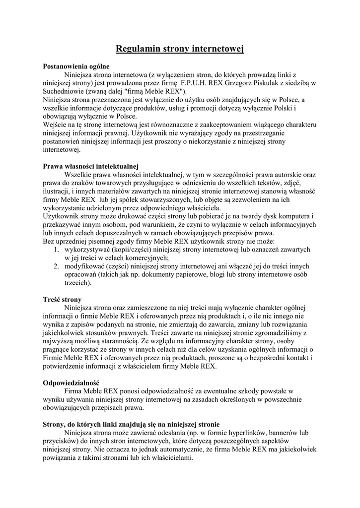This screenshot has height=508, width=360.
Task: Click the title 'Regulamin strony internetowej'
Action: coord(180,49)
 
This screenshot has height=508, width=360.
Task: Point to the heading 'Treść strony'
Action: coord(62,299)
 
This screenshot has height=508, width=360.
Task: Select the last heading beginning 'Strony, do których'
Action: coord(131,424)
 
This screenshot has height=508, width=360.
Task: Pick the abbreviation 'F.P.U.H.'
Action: coord(197,83)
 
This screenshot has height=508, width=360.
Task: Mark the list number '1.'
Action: coord(57,249)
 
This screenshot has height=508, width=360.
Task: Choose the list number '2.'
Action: coord(57,266)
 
